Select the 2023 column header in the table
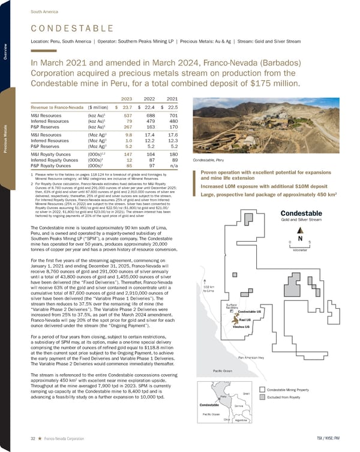coord(127,99)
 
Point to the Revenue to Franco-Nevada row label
coord(57,107)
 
